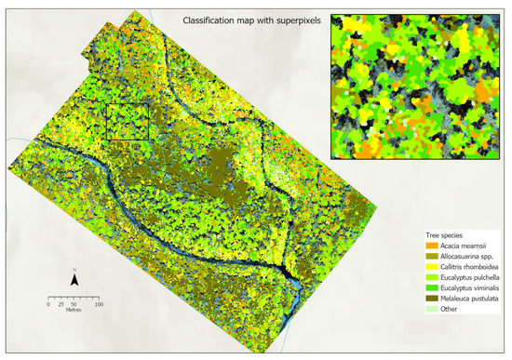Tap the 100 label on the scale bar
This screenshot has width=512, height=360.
98,304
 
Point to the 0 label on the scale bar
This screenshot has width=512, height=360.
48,304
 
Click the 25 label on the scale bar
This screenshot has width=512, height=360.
61,304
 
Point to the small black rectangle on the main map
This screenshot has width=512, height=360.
128,121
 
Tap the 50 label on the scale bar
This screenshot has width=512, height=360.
74,304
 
